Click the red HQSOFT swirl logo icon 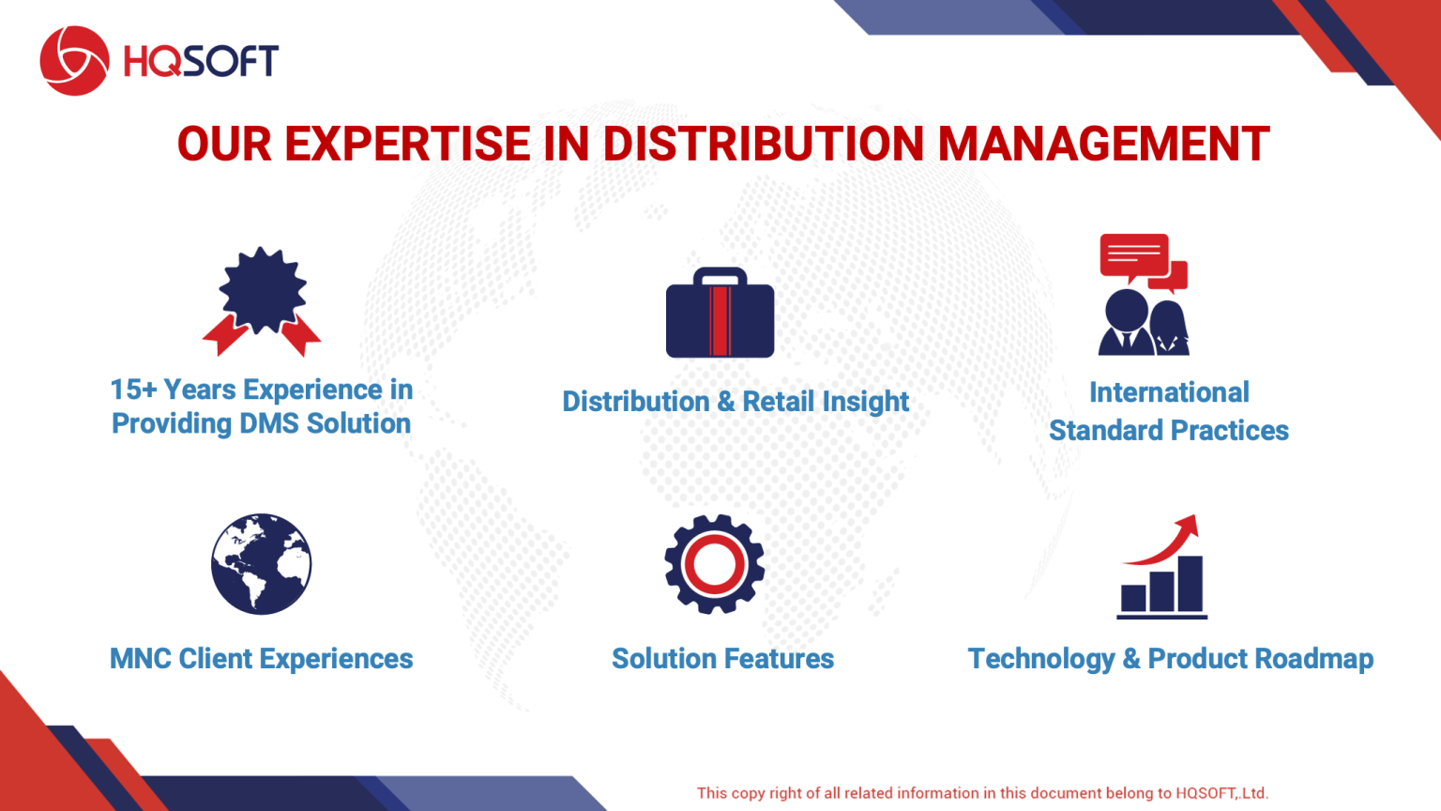coord(74,61)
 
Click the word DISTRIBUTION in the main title coord(763,144)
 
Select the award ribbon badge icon coord(262,300)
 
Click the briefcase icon coord(720,314)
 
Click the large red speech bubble coord(1134,255)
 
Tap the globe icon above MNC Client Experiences coord(261,564)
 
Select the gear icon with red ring coord(714,564)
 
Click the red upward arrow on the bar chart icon coord(1169,539)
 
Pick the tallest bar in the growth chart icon coord(1190,583)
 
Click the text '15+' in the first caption coord(133,390)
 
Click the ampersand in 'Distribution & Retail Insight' coord(725,402)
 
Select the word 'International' coord(1169,392)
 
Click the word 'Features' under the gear coord(780,659)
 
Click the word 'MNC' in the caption coord(140,659)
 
